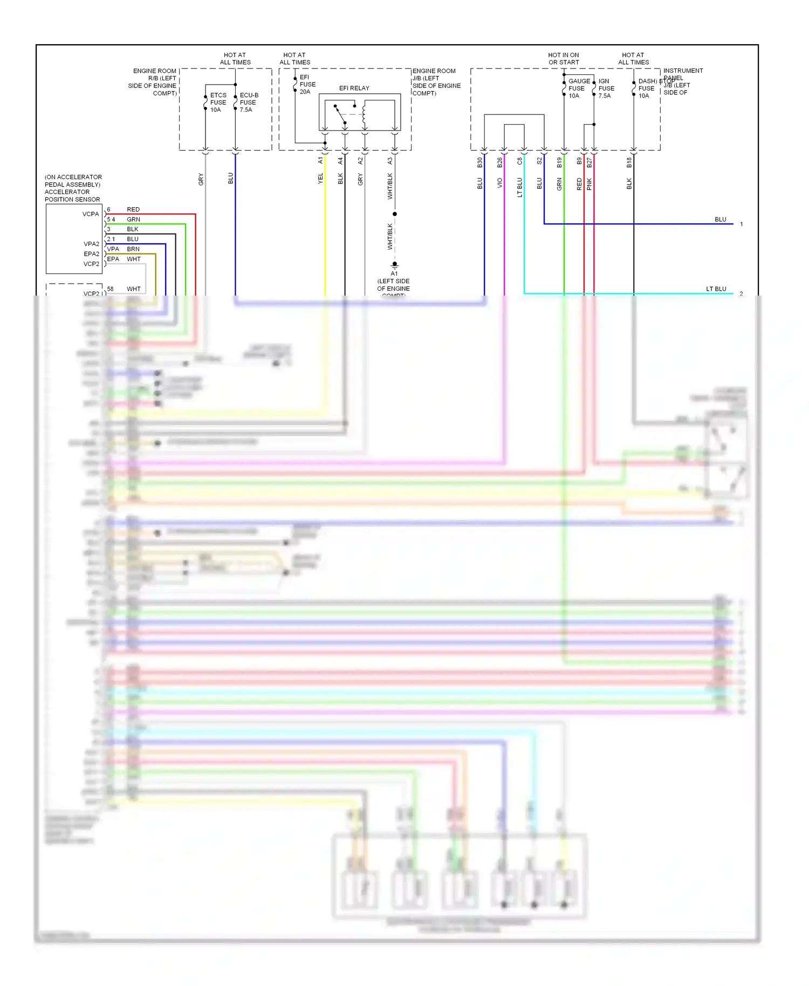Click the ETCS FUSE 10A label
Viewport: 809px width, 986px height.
point(218,102)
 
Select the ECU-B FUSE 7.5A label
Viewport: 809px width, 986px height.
point(249,102)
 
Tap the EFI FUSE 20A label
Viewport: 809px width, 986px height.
point(307,85)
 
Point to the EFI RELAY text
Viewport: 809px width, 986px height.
point(354,88)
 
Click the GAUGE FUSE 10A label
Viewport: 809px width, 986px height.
point(579,88)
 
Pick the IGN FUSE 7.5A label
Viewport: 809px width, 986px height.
point(606,88)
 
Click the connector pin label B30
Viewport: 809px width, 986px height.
point(479,162)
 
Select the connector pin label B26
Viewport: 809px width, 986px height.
point(499,162)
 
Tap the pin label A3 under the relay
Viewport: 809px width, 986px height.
point(390,161)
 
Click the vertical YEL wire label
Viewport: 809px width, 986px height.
point(320,179)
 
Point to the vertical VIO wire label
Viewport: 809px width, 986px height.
point(499,183)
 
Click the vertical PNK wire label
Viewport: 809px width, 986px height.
point(589,184)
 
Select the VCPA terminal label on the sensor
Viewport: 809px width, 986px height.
point(91,214)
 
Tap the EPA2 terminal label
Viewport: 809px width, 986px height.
point(91,254)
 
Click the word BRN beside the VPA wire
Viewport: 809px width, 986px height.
point(133,249)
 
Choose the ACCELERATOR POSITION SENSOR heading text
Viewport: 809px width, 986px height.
point(72,196)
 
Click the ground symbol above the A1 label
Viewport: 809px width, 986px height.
point(394,265)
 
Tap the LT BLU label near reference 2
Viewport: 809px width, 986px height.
point(716,289)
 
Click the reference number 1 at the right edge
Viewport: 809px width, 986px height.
point(742,224)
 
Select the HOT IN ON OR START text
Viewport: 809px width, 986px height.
point(564,59)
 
